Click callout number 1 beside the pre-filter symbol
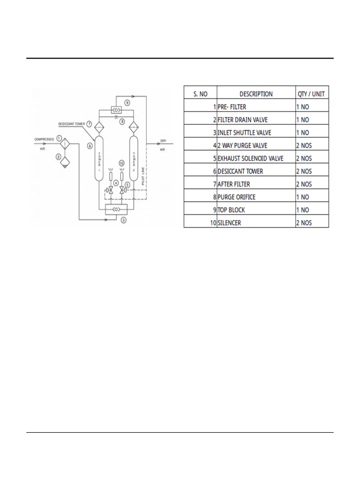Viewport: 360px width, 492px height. (59, 138)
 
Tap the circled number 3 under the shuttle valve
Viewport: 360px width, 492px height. (123, 220)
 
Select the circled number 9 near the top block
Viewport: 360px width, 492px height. (127, 103)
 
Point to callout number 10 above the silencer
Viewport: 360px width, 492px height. (121, 163)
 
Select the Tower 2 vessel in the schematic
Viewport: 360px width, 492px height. (134, 158)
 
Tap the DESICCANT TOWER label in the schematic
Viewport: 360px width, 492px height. (72, 124)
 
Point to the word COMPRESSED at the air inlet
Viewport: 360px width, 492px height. (44, 140)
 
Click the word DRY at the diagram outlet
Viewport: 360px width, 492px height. (163, 141)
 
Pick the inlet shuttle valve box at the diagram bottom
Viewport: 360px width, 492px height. (116, 210)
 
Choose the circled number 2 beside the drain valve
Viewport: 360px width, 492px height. (58, 157)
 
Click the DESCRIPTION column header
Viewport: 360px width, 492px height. (256, 94)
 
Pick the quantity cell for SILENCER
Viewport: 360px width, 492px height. (312, 223)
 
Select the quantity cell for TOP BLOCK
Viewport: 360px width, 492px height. (312, 210)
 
